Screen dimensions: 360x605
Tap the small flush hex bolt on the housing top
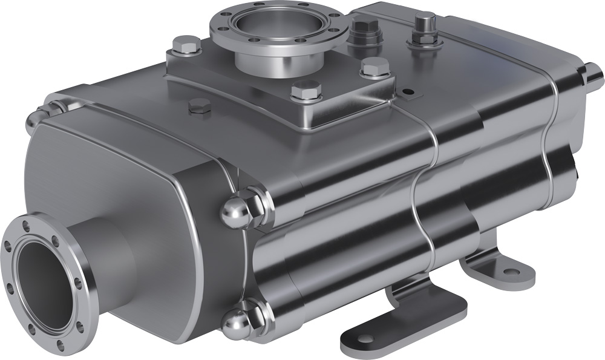200,107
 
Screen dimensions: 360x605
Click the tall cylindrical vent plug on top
425,27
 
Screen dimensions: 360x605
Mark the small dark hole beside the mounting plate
409,93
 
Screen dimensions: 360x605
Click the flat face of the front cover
133,182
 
